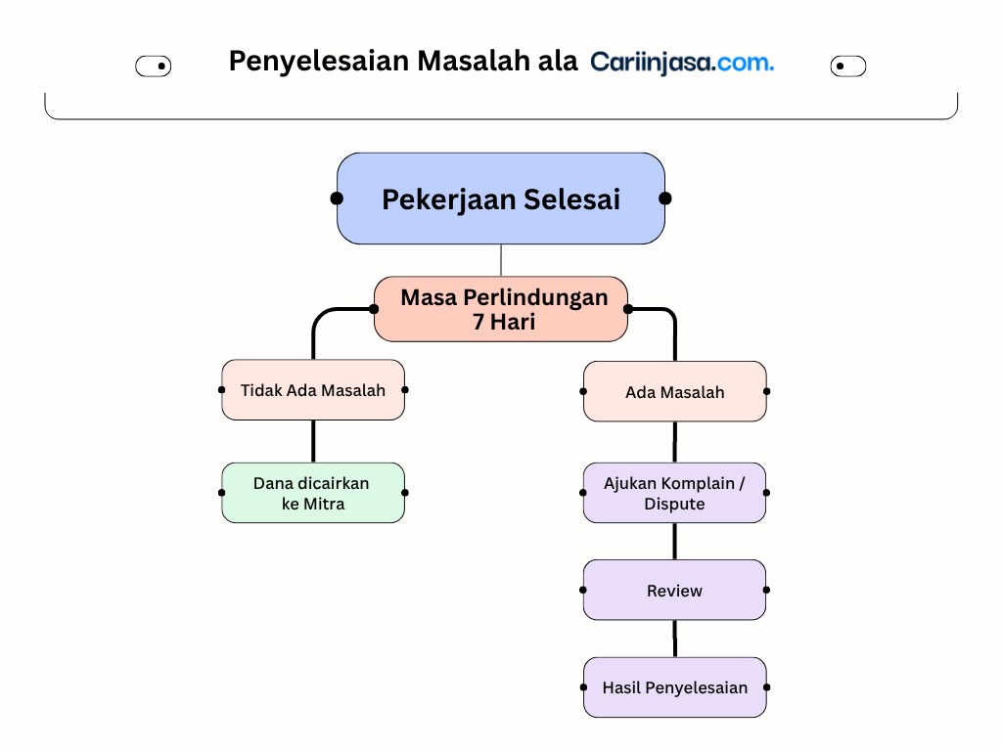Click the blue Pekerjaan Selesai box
click(x=501, y=199)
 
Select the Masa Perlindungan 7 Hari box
click(x=501, y=309)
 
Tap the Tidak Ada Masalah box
click(x=313, y=389)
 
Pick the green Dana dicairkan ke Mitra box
click(x=313, y=493)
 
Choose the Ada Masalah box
click(x=675, y=391)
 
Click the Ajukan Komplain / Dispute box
click(x=675, y=493)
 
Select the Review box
click(x=675, y=590)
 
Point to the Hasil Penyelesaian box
click(x=675, y=687)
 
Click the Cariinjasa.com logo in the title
click(x=682, y=63)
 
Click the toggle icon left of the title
click(x=154, y=66)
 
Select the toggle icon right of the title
click(x=848, y=66)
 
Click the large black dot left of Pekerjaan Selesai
click(x=337, y=199)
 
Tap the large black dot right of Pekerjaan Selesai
click(x=665, y=199)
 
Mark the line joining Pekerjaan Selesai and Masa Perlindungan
click(x=501, y=260)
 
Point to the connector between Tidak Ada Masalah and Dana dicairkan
click(x=313, y=441)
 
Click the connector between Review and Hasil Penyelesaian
click(x=675, y=639)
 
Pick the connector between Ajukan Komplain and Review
click(x=675, y=542)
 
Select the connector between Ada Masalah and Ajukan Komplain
click(x=675, y=442)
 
